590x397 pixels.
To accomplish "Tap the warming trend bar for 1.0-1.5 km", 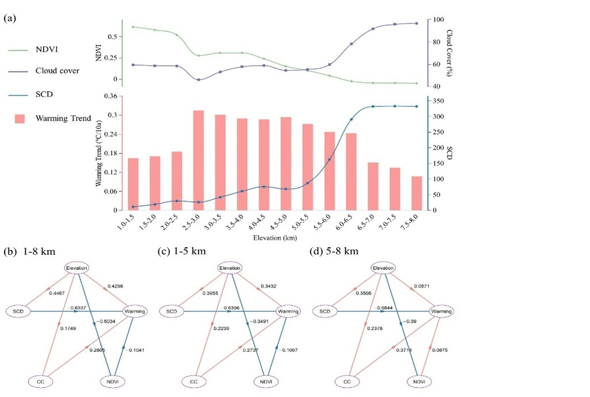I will (133, 184).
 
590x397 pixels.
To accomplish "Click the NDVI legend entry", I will (45, 51).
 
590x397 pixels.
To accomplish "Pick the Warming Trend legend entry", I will (63, 118).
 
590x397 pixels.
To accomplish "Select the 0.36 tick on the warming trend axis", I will (110, 96).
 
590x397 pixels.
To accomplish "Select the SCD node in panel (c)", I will (171, 311).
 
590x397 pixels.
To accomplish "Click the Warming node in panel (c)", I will (288, 311).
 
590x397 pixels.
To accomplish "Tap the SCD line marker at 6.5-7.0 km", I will (373, 106).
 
